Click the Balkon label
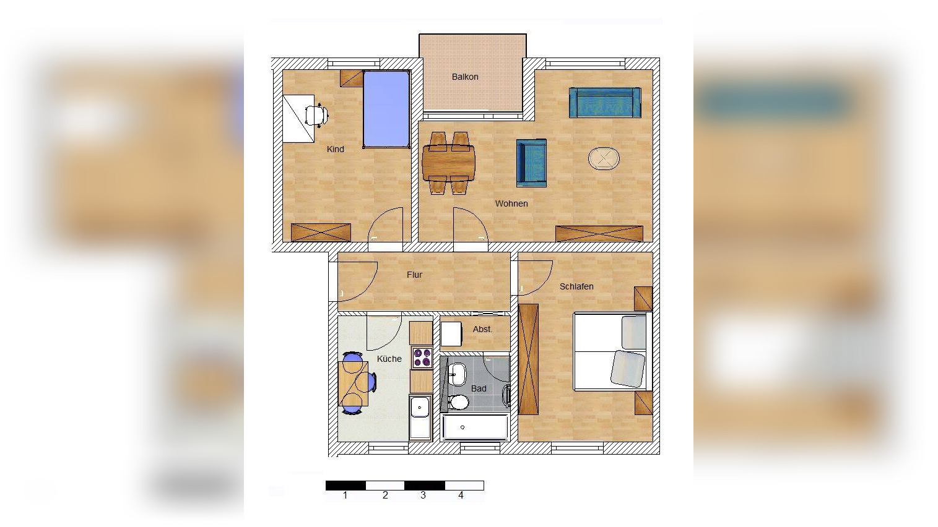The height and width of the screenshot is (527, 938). [465, 77]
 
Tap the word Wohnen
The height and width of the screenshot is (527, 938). [511, 204]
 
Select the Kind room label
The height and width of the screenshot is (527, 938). [336, 149]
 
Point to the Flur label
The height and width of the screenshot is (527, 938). [415, 275]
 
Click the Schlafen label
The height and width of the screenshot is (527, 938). [576, 286]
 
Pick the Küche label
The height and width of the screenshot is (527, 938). [389, 359]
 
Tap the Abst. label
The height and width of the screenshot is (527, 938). [482, 330]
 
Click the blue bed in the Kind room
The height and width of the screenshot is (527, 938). [386, 109]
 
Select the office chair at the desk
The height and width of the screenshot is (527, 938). [316, 115]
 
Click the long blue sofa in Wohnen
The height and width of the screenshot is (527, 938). [605, 103]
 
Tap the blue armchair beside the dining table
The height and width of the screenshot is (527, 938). [531, 163]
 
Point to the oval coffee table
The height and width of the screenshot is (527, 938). [604, 159]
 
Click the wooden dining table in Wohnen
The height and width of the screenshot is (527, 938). [448, 163]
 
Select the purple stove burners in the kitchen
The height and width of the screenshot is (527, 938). [422, 358]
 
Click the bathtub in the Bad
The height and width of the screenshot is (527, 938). [476, 427]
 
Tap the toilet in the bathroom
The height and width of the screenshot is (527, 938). [459, 403]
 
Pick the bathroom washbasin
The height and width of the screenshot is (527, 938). [458, 374]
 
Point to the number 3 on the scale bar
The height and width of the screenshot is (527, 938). [423, 495]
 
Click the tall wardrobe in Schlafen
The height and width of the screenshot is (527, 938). [529, 359]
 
